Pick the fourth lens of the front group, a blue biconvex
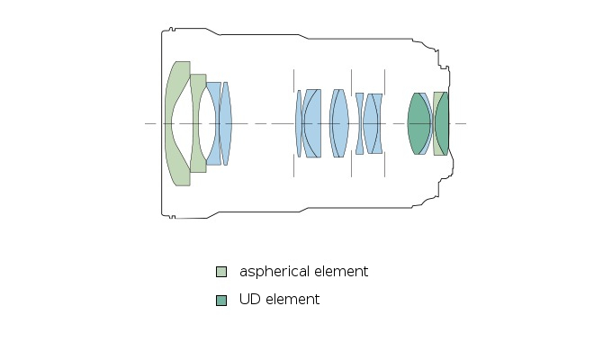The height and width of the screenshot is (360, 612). (225, 123)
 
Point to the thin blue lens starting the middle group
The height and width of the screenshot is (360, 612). (299, 123)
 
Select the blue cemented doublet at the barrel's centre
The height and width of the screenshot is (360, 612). (338, 123)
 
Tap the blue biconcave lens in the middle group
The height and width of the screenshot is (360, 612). (359, 123)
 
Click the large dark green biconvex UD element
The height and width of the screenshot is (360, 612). (418, 123)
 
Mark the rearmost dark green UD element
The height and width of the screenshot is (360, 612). (443, 123)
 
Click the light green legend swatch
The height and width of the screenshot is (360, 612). (221, 272)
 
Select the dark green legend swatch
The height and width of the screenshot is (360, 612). (221, 300)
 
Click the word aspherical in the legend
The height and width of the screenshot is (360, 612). (274, 272)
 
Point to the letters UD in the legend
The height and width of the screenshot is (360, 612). (249, 300)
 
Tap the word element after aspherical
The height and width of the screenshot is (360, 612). (340, 272)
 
